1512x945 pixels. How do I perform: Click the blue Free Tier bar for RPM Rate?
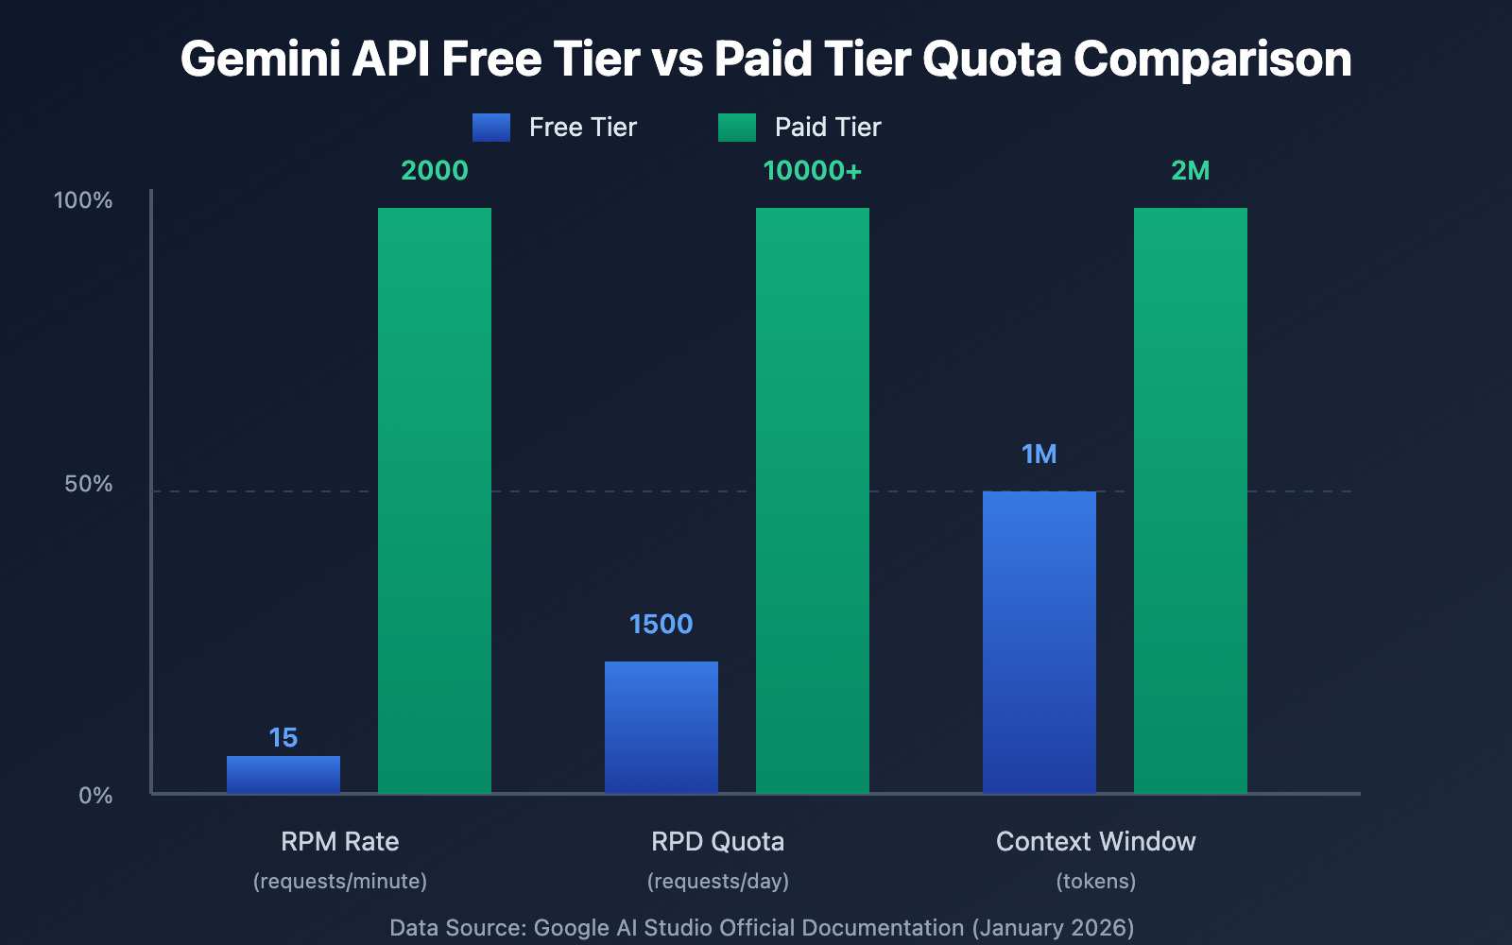point(283,774)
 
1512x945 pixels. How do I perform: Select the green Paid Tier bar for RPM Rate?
point(435,500)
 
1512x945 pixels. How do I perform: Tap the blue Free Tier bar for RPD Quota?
point(661,727)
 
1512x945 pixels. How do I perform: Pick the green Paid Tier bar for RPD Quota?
point(813,500)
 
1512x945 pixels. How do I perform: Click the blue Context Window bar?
point(1039,642)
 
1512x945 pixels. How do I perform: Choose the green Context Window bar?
point(1191,500)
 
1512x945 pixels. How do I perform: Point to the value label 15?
point(283,737)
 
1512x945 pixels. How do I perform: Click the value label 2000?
point(435,170)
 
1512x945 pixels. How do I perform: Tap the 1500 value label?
point(661,624)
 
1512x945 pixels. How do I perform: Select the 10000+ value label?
point(813,170)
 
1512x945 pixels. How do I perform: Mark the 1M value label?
point(1039,454)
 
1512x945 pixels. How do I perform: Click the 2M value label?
point(1191,170)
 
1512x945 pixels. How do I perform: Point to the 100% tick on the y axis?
point(83,200)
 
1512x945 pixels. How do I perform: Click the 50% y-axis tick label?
point(88,484)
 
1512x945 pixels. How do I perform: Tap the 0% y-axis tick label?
point(94,796)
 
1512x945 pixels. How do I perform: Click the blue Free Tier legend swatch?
point(491,128)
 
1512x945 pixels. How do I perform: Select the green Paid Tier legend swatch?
point(737,128)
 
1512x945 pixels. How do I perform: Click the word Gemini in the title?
point(261,59)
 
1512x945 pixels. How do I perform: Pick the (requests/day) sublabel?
point(718,881)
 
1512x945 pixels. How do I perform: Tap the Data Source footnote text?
point(762,927)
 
